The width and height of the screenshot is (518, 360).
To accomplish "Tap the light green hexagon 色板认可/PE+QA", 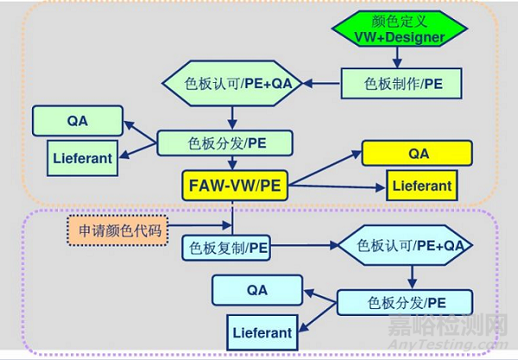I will (x=232, y=84).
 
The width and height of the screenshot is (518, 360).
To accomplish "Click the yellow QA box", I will (x=418, y=153).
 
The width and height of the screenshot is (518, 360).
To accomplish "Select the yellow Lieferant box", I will (x=421, y=185).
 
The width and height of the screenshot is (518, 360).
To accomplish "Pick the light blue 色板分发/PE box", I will (x=405, y=302).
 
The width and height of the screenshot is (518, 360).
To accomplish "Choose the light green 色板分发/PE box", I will (x=225, y=142).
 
